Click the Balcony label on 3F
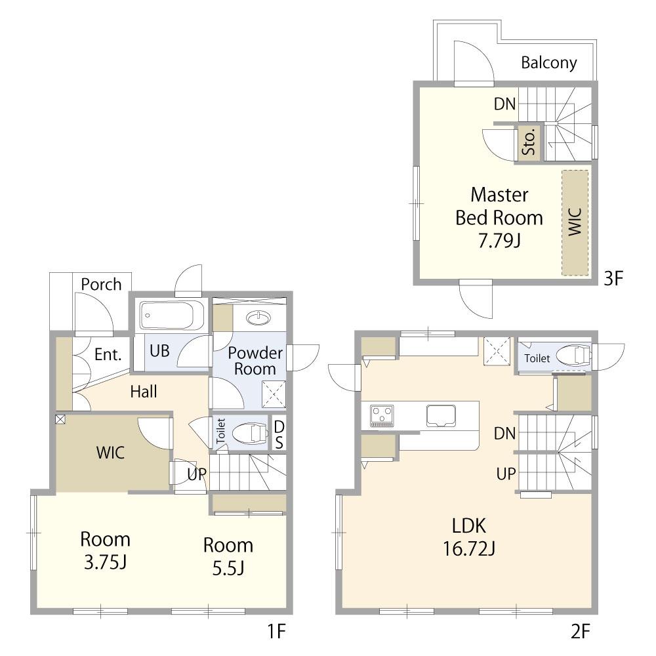tap(549, 63)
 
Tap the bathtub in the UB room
tap(172, 315)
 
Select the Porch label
tap(101, 285)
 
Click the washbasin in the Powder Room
tap(259, 318)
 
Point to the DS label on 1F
tap(279, 435)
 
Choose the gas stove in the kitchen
tap(382, 416)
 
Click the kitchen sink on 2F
tap(441, 416)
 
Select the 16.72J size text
tap(469, 548)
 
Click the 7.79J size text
tap(499, 241)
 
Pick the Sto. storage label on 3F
tap(529, 142)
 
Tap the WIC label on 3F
tap(575, 222)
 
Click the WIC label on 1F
tap(110, 453)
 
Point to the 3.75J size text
tap(105, 562)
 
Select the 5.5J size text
tap(228, 568)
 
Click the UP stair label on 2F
tap(506, 474)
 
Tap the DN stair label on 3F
tap(505, 104)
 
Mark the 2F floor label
tap(581, 631)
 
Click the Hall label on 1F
tap(144, 392)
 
